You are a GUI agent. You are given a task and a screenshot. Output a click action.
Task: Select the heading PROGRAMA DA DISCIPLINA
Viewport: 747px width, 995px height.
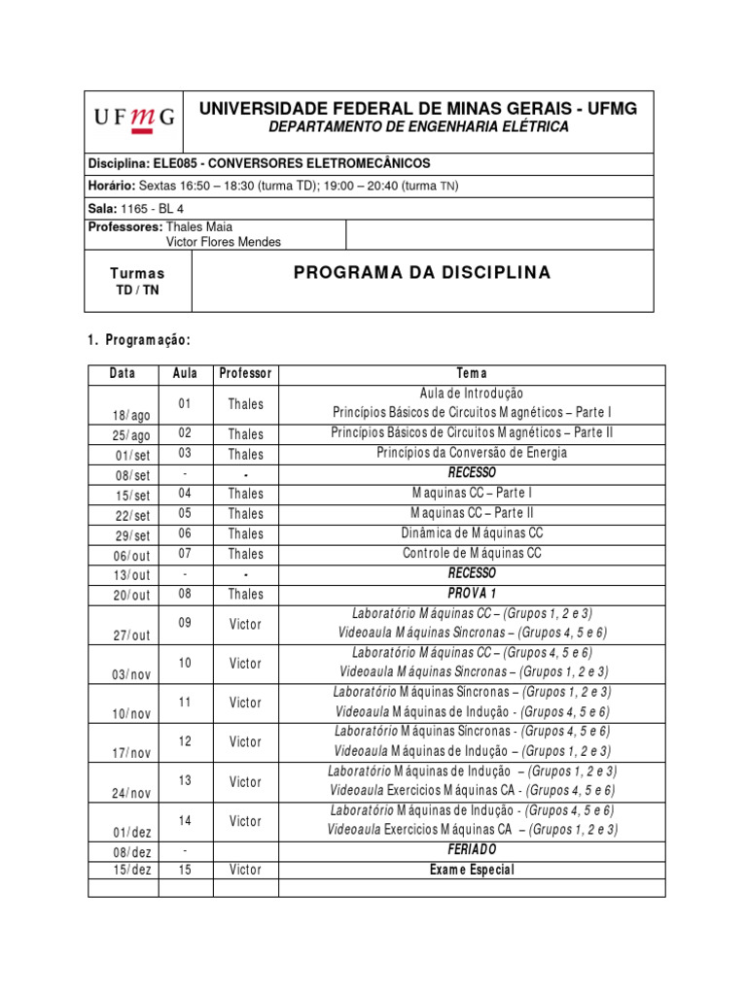point(422,273)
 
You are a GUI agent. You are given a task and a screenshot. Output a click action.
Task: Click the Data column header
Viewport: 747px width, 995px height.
point(123,374)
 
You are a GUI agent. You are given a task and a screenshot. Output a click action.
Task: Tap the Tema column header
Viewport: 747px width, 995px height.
point(472,374)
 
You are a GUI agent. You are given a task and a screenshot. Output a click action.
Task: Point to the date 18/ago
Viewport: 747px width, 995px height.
point(131,415)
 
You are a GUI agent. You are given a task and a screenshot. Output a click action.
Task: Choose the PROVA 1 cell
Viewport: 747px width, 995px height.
point(472,594)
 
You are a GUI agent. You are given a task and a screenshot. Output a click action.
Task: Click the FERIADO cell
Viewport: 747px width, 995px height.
point(472,850)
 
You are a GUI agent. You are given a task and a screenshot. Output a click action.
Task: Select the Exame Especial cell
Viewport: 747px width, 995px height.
point(472,870)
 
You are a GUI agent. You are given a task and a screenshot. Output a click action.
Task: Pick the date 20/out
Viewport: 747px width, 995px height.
point(131,595)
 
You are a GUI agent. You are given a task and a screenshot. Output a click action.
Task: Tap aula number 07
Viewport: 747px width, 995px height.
point(185,554)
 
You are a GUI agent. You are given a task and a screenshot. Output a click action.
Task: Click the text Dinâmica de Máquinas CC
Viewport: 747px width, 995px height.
point(472,533)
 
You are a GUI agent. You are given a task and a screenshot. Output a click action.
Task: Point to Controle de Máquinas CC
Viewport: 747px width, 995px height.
point(472,554)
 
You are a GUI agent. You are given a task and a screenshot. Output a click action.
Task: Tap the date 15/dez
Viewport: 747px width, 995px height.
point(131,870)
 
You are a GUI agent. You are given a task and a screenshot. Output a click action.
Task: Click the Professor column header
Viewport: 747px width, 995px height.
point(245,374)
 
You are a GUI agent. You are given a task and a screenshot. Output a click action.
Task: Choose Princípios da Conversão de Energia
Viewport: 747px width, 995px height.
point(472,453)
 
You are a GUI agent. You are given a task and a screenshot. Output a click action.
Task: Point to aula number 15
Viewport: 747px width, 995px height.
point(185,870)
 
